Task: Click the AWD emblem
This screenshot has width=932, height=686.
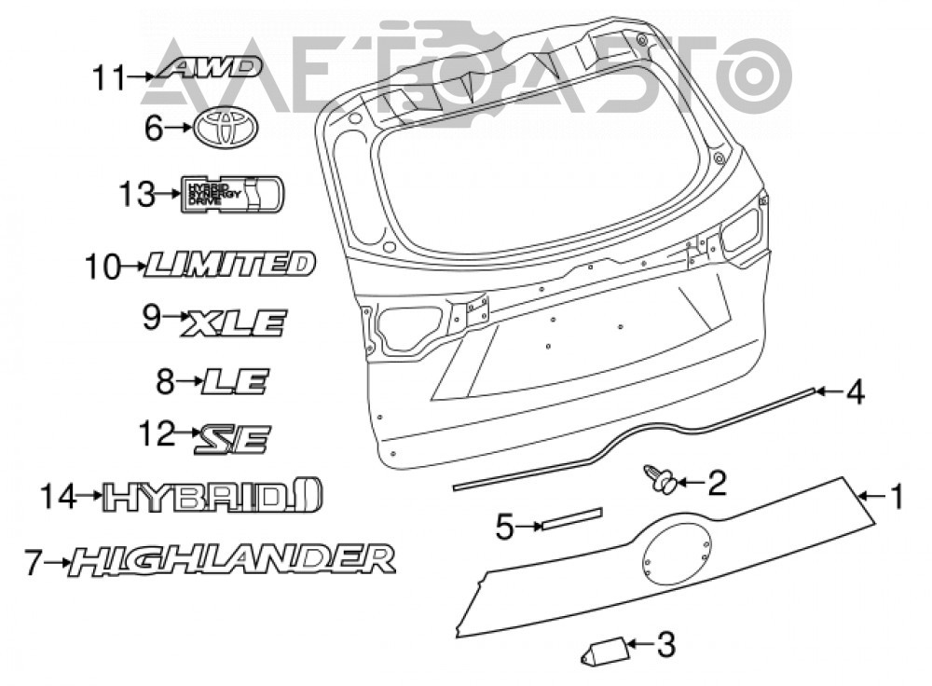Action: pos(209,67)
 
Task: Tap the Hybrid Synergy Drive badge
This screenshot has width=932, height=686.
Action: pos(232,193)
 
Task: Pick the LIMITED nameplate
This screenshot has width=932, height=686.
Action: pos(229,265)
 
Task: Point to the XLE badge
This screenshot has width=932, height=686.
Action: pos(234,322)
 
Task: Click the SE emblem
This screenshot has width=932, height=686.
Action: pos(232,439)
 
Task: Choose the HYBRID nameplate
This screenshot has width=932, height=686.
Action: pos(212,496)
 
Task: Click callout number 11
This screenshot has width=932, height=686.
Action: pos(109,78)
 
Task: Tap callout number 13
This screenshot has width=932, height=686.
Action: pos(137,195)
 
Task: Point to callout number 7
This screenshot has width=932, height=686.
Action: pos(33,562)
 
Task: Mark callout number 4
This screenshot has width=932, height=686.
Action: pos(855,392)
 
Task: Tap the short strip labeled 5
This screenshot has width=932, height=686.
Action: pos(571,518)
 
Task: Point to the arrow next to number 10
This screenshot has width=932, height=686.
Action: pos(132,266)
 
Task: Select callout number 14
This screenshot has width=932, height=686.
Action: pos(59,497)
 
